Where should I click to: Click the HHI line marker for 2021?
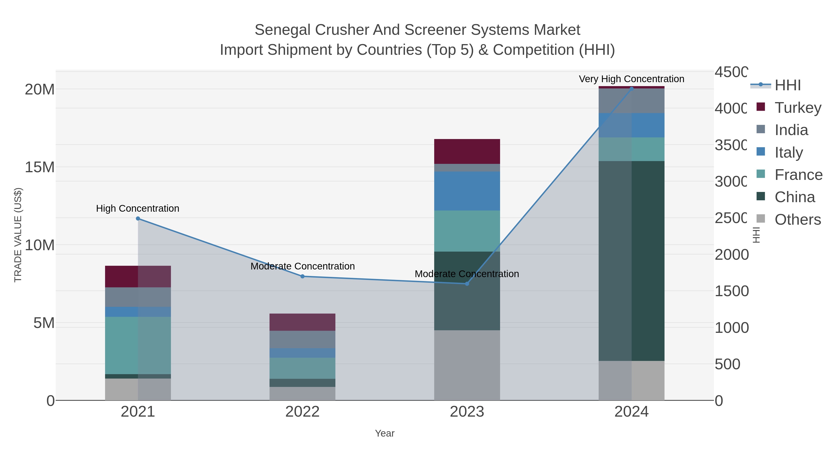click(138, 219)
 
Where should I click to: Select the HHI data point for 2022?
click(302, 276)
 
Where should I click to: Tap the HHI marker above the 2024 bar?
click(631, 88)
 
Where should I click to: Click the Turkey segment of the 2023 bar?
click(467, 152)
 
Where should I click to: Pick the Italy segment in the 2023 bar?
click(467, 191)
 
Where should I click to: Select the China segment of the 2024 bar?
click(631, 261)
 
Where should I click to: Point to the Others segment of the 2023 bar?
click(467, 365)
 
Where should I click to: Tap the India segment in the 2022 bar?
click(302, 339)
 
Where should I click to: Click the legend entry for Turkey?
click(798, 108)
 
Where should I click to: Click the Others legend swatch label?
click(798, 220)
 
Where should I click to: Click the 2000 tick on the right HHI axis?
click(731, 255)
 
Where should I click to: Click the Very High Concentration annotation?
click(631, 79)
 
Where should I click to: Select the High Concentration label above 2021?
click(138, 208)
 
